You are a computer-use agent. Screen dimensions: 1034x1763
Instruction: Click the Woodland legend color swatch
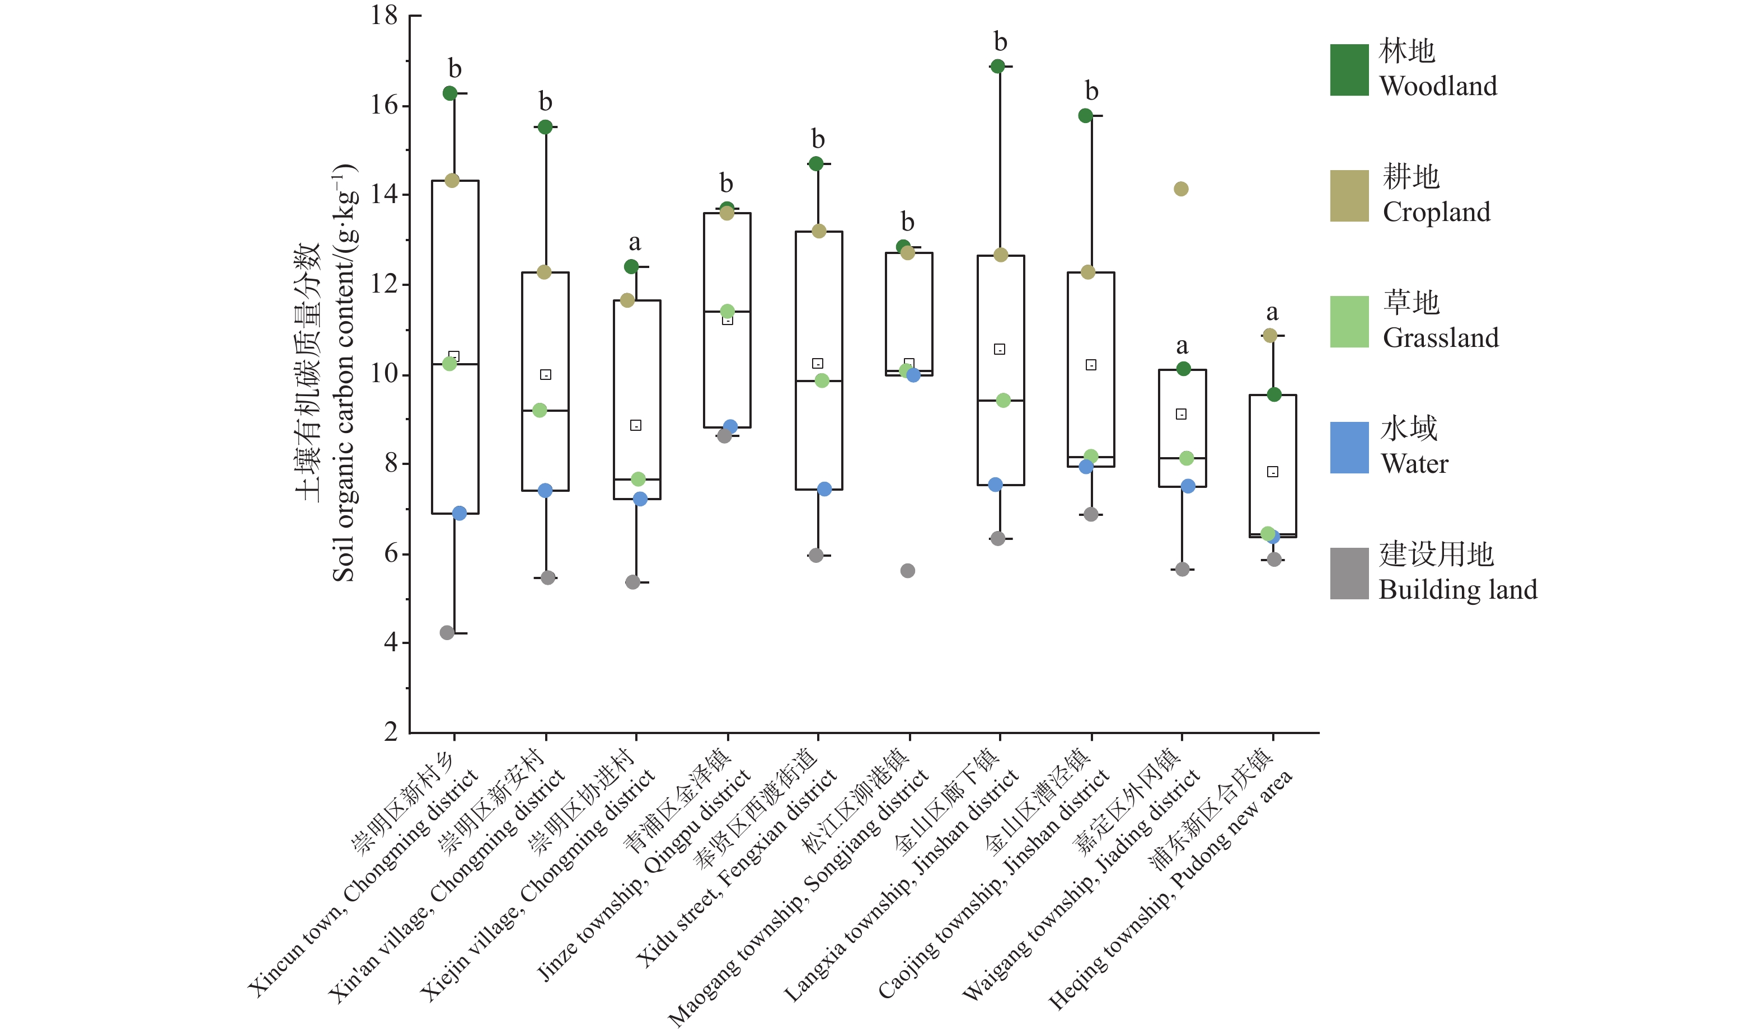(1349, 70)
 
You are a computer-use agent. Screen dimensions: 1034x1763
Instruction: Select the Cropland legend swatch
(1349, 196)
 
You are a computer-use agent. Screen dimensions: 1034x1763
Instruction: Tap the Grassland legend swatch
(1349, 322)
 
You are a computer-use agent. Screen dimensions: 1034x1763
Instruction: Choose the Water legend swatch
(1349, 448)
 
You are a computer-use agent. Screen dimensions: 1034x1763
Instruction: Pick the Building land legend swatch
(1349, 574)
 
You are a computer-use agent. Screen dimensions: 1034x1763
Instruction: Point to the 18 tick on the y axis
(384, 16)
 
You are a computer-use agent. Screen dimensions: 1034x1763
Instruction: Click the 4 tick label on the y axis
(391, 642)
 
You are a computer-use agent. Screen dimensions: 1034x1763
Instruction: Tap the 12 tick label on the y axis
(384, 284)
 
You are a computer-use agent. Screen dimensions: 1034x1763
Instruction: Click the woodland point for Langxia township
(997, 67)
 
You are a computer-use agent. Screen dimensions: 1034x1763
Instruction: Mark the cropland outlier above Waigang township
(1181, 189)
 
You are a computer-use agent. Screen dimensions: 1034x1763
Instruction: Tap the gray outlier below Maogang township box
(907, 571)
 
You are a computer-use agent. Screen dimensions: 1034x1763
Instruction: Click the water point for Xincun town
(459, 514)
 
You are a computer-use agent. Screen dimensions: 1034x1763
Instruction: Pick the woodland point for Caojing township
(1085, 115)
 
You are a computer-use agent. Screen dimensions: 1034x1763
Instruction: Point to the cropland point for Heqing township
(1270, 336)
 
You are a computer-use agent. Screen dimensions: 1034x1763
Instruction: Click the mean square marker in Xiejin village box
(635, 425)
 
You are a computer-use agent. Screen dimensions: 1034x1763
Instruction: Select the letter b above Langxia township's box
(1001, 42)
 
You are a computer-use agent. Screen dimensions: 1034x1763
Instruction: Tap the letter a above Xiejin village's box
(635, 242)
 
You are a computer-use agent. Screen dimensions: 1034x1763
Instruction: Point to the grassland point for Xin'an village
(540, 411)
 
